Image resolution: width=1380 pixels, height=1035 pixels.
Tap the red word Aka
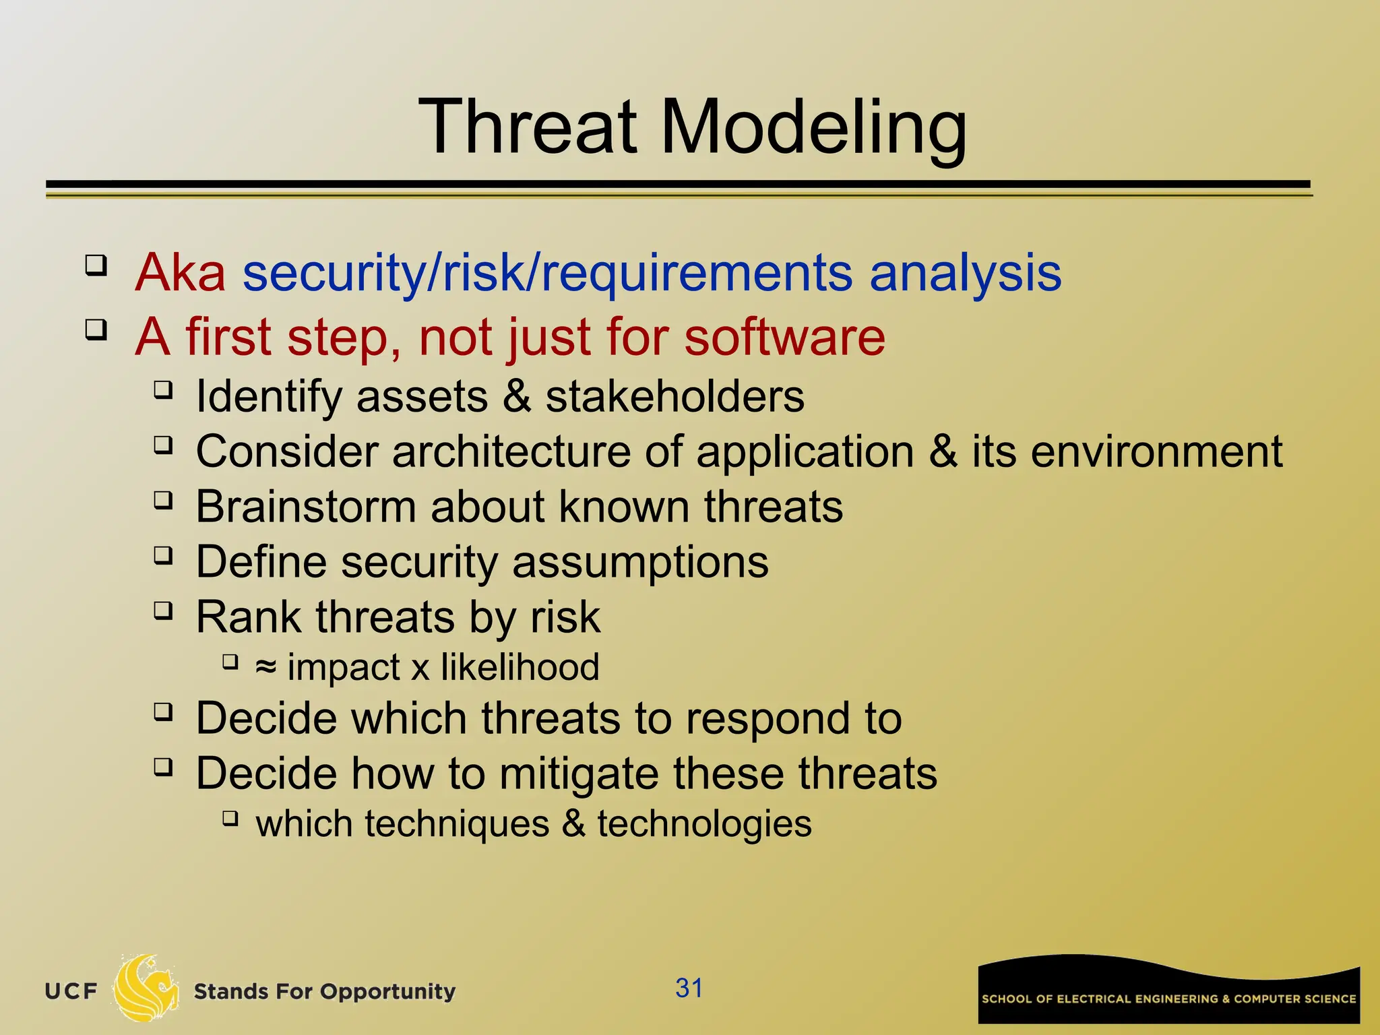click(180, 272)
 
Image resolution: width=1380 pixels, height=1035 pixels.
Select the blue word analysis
click(965, 272)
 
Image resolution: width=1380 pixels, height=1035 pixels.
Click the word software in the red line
click(784, 336)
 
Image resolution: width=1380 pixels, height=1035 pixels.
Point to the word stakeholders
click(675, 396)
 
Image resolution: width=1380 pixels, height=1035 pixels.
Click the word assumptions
click(640, 562)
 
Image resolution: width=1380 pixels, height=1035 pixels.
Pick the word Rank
click(249, 617)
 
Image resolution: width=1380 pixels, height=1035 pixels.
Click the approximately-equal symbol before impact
click(265, 667)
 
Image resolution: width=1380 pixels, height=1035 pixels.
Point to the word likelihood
click(520, 667)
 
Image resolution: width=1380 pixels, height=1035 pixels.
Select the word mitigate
click(578, 774)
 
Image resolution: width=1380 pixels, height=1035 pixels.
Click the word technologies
click(704, 824)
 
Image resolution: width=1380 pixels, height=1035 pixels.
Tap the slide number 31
click(689, 989)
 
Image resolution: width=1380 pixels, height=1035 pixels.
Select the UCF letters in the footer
click(71, 992)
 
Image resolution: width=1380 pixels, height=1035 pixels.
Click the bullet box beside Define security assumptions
click(163, 556)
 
